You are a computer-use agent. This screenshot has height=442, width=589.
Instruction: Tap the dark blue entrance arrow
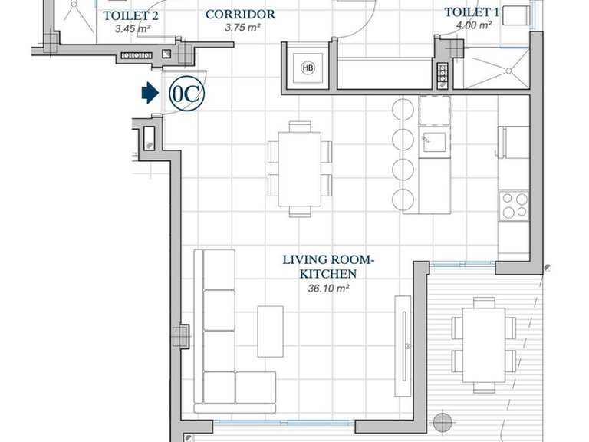coord(150,93)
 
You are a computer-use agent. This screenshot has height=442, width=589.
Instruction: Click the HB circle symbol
coord(308,68)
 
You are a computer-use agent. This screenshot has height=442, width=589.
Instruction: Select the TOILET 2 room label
coord(130,16)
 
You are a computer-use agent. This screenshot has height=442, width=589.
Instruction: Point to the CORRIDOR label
coord(240,15)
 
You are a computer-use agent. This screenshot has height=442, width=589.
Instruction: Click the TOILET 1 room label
coord(472,12)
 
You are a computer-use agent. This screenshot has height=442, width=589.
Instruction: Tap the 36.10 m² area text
coord(329,289)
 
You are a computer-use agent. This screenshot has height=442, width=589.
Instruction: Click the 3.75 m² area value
coord(242,28)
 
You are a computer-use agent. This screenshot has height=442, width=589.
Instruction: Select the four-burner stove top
coord(514,206)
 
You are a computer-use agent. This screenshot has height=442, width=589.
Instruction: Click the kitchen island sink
coord(434,142)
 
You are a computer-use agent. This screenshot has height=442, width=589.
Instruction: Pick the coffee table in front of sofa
coord(270,331)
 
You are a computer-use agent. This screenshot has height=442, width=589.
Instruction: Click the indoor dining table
coord(300,169)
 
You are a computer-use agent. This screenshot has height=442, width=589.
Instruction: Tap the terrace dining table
coord(484,345)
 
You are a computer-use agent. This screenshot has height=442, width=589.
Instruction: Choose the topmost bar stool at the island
coord(403,110)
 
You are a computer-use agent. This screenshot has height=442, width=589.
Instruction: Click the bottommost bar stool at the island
coord(403,200)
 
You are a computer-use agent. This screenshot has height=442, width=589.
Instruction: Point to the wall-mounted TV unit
coord(403,346)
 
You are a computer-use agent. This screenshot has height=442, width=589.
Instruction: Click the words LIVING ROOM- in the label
coord(329,259)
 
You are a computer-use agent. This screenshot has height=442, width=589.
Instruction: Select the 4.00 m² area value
coord(474,25)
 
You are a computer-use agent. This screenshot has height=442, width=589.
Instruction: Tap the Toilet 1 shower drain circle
coord(508,71)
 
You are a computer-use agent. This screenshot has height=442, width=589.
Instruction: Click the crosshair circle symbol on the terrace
coord(443,422)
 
